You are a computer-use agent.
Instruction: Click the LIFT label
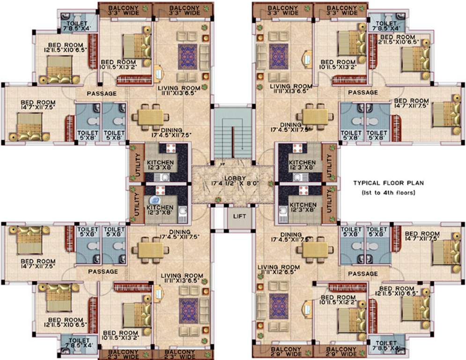click(x=240, y=218)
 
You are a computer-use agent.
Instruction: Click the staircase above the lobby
click(x=233, y=133)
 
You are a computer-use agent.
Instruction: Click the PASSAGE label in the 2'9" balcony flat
click(x=363, y=274)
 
